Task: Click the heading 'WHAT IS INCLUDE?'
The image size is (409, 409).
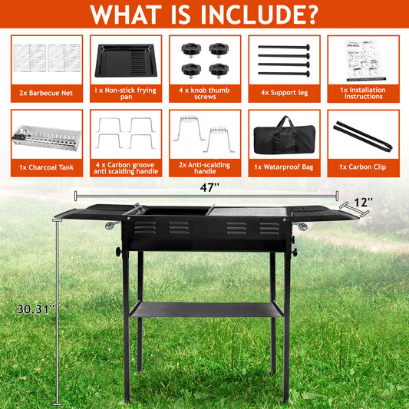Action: point(204,15)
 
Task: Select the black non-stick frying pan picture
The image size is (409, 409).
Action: point(125,60)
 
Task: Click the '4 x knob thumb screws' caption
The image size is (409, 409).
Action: point(204,92)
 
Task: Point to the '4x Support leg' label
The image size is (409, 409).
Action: point(282,92)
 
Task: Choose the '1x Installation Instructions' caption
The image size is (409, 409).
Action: point(361,92)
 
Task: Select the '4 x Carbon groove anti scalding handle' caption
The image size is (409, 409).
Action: point(125,167)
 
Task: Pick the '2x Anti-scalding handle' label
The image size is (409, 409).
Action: point(204,167)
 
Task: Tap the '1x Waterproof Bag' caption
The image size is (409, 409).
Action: point(282,167)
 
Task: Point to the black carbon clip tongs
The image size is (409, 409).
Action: point(361,134)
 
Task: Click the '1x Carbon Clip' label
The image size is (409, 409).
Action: point(361,167)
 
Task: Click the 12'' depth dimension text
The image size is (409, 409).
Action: point(364,202)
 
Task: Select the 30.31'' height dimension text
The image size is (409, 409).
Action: point(35,309)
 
